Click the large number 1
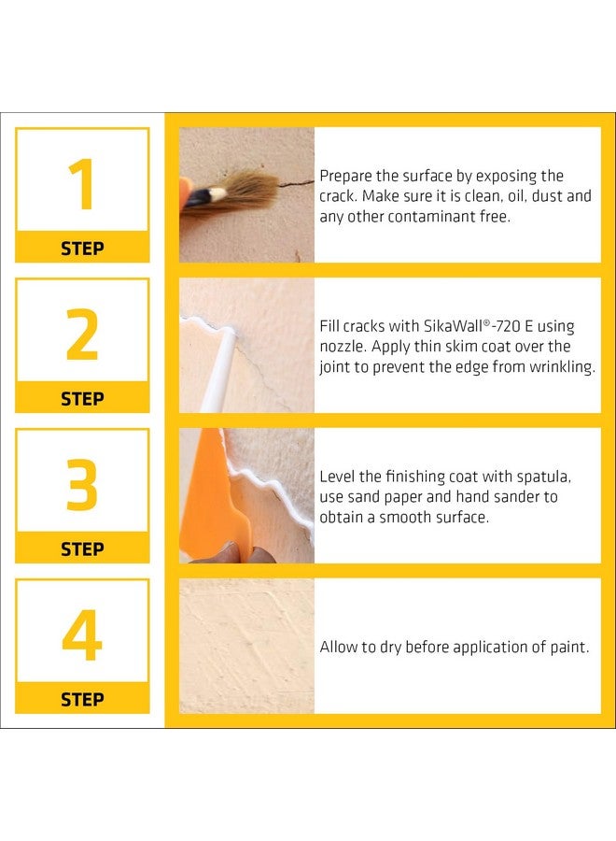(82, 185)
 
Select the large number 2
(82, 335)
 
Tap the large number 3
(82, 486)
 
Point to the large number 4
(82, 636)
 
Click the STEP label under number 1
(82, 249)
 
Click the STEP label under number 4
(82, 699)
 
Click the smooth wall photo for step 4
(246, 646)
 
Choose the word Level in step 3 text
(338, 477)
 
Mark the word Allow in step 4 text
(340, 647)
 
